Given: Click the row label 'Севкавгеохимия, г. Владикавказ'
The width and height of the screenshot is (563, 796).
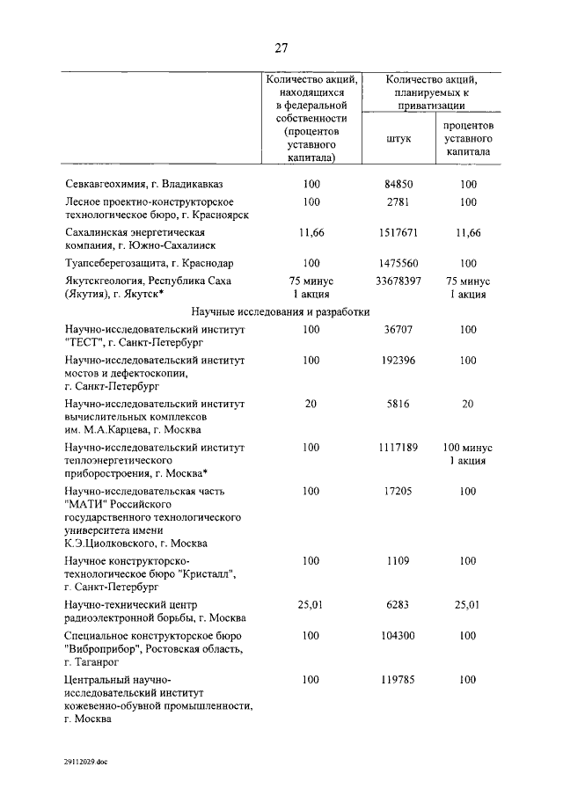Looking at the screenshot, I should coord(145,185).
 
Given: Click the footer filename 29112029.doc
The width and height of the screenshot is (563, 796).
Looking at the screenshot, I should coord(86,763).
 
